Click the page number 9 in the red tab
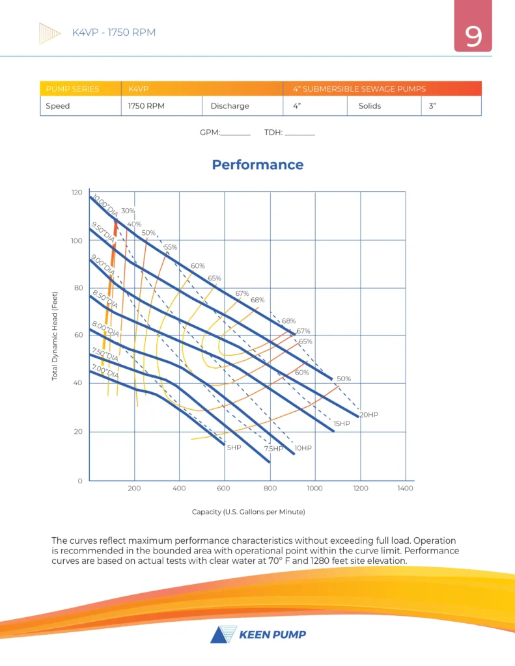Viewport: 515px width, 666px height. (x=473, y=37)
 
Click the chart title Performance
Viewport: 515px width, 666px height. (x=257, y=165)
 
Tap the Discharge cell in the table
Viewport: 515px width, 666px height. (x=229, y=105)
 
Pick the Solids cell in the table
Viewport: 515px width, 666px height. (x=370, y=105)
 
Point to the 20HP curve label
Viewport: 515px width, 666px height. (x=369, y=414)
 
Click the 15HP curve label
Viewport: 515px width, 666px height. (x=342, y=423)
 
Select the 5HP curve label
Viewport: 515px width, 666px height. (x=234, y=447)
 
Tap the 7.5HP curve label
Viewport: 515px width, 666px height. (x=274, y=449)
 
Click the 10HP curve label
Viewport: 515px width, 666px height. (x=303, y=448)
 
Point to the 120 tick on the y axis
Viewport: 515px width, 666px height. (x=77, y=193)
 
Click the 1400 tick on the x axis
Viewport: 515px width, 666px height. (x=405, y=488)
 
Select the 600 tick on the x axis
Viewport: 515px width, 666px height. (x=225, y=488)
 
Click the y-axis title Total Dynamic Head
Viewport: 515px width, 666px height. (x=55, y=336)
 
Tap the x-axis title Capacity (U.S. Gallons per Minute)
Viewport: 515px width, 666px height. (x=248, y=512)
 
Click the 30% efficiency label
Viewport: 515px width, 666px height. (x=128, y=211)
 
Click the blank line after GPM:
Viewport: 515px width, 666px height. (x=236, y=133)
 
